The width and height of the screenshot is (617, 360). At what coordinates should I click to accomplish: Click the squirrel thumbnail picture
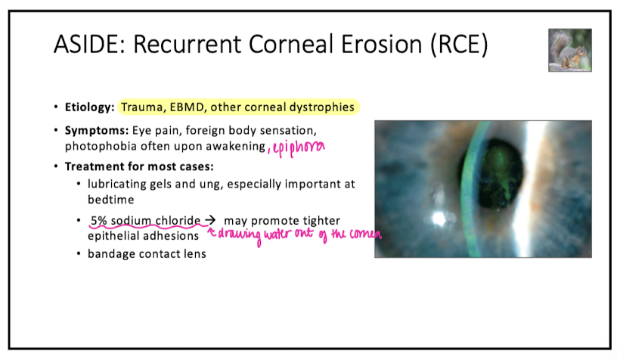point(569,51)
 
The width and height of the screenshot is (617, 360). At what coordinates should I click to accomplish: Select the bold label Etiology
point(90,107)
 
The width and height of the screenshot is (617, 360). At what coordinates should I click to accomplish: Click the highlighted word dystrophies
point(320,107)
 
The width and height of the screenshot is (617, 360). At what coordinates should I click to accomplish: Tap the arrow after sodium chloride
point(209,220)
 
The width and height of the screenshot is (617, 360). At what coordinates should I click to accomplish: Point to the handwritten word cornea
point(364,236)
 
